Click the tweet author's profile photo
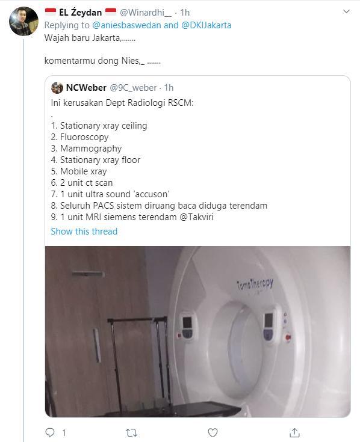24,22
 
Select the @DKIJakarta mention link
206,25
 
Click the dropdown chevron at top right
346,11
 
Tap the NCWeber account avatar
57,88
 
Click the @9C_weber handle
132,88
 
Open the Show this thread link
84,232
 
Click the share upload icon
294,432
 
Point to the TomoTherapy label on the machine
255,286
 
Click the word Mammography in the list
91,149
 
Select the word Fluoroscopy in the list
84,137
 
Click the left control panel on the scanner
188,325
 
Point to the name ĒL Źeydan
75,12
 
